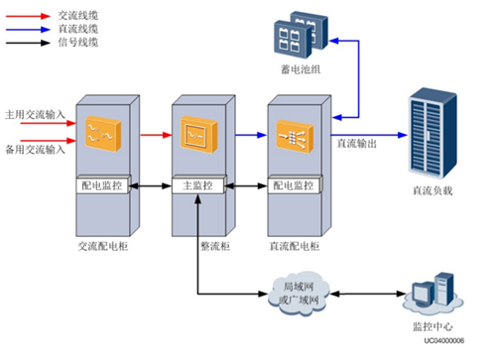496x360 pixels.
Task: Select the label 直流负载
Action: click(432, 189)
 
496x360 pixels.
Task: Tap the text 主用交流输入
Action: click(35, 114)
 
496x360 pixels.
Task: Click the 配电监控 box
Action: click(103, 183)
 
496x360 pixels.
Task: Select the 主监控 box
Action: click(199, 183)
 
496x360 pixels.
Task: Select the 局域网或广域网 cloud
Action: click(296, 294)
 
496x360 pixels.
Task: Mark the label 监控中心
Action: click(433, 324)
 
